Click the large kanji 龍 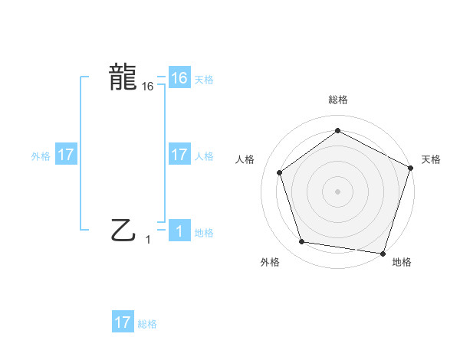pos(123,77)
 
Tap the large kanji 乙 pos(123,229)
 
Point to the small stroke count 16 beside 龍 pos(148,87)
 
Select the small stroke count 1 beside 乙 pos(148,240)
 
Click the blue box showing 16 pos(179,78)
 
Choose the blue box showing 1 pos(179,231)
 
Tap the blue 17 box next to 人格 pos(179,155)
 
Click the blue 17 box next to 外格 pos(66,155)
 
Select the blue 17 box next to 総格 pos(123,322)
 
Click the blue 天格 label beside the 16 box pos(204,80)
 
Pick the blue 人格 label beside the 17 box pos(204,156)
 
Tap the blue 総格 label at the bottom pos(147,324)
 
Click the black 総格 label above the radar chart pos(337,100)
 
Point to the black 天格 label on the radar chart pos(431,159)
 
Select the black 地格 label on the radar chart pos(402,262)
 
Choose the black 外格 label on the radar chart pos(270,262)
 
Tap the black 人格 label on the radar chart pos(245,159)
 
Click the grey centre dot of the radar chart pos(337,191)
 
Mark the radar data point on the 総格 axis pos(337,130)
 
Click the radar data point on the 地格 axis pos(383,253)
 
